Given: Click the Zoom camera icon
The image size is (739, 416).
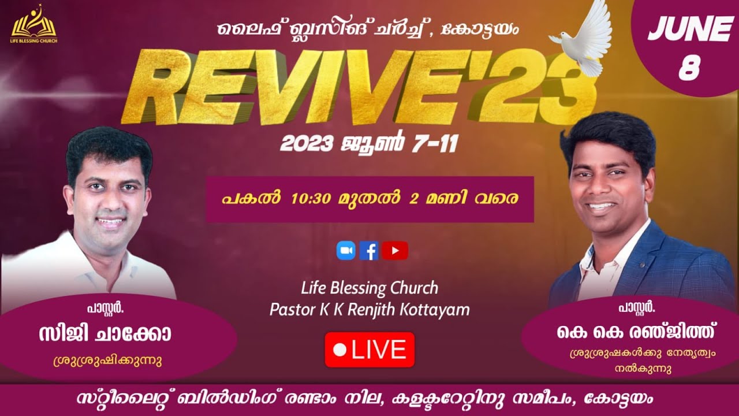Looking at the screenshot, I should click(x=346, y=250).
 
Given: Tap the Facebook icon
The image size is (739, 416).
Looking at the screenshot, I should click(x=369, y=250).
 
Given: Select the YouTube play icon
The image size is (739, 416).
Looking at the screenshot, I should click(x=395, y=250).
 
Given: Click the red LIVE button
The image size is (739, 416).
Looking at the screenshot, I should click(x=369, y=350).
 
